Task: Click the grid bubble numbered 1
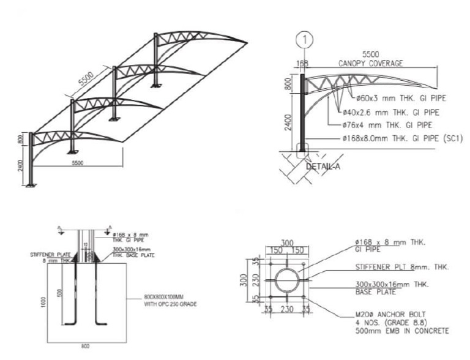[304, 40]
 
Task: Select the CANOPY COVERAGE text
[370, 63]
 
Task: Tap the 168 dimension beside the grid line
[302, 63]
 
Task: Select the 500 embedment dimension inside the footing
[58, 293]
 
